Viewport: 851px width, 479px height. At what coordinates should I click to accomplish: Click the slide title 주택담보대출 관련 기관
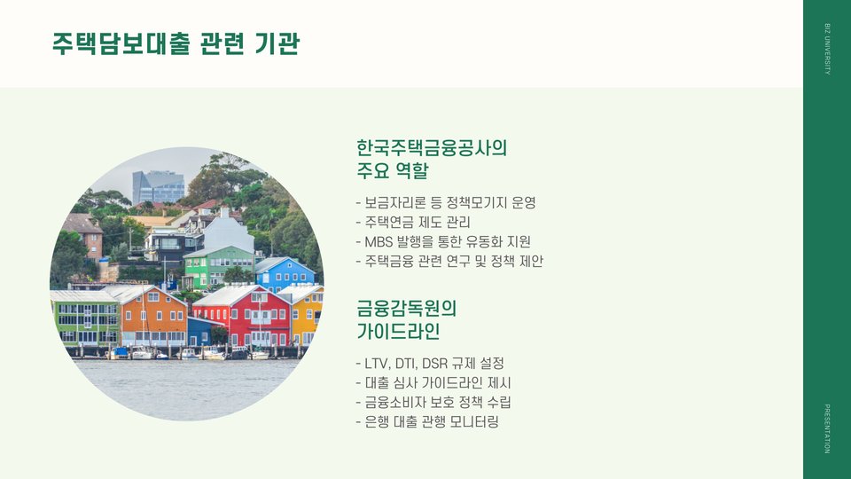tap(176, 43)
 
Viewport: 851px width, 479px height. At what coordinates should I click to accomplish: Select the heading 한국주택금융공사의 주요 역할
tap(432, 159)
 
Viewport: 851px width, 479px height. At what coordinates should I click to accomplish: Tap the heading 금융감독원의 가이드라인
tap(406, 319)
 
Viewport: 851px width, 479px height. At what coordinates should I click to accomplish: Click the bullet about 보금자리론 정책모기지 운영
tap(446, 203)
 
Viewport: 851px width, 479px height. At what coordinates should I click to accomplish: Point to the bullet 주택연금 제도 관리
tap(413, 222)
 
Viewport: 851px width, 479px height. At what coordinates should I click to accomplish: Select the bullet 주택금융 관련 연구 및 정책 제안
tap(449, 261)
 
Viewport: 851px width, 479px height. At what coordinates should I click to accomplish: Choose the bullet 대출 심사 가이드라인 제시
tap(433, 383)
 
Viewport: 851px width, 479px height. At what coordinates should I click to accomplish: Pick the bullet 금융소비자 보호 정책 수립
tap(433, 403)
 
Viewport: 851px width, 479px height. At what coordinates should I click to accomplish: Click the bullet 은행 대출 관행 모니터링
tap(427, 422)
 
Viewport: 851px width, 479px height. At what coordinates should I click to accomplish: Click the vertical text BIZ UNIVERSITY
tap(827, 49)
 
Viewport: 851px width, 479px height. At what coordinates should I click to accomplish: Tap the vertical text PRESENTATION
tap(827, 428)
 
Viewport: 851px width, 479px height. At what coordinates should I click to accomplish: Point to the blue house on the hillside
tap(284, 274)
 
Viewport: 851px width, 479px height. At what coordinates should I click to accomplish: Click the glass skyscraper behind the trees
tap(159, 187)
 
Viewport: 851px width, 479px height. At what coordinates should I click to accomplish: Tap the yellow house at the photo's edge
tap(307, 315)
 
